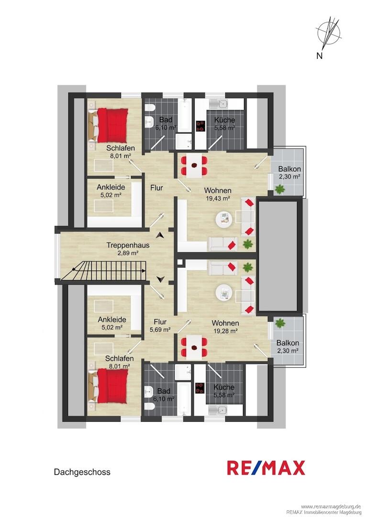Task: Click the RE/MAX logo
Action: pos(266,468)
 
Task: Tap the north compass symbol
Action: pos(329,33)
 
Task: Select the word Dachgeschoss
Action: pos(82,472)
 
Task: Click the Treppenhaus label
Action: pos(128,245)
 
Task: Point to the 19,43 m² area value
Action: pos(217,198)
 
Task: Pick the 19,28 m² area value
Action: pos(225,331)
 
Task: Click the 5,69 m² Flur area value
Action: pos(160,329)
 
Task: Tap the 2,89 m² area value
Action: pos(127,253)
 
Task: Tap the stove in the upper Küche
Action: pos(200,126)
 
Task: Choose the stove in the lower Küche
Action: pos(199,388)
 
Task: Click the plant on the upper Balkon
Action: pos(280,189)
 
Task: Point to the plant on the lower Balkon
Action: pos(280,323)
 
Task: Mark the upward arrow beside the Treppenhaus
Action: pos(160,235)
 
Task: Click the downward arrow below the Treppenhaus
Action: pos(160,279)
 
